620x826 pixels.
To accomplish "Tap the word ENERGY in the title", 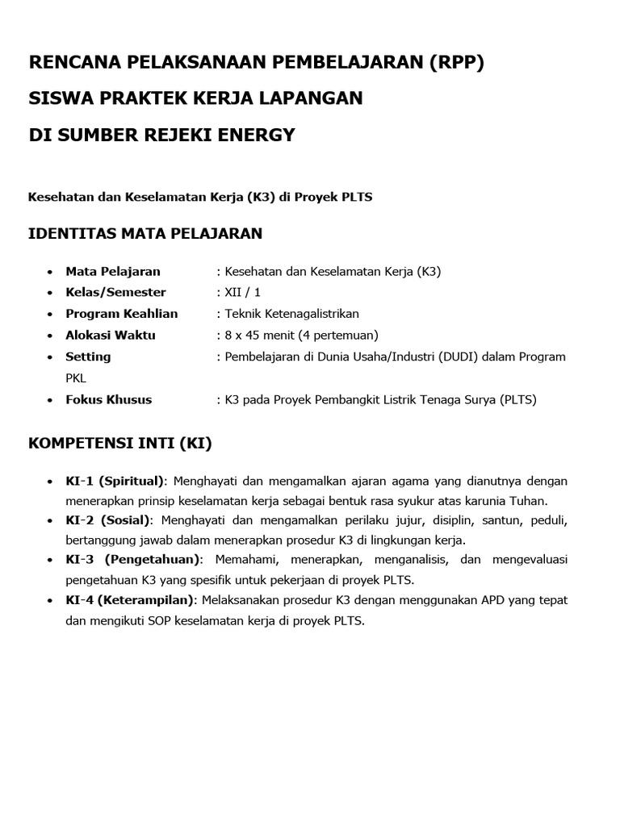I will click(x=256, y=135).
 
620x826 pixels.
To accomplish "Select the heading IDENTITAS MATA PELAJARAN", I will click(x=145, y=234).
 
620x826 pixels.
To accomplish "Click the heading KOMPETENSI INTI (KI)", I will click(x=120, y=443).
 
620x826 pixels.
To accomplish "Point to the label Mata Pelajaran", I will click(x=113, y=271).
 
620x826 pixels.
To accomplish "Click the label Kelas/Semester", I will click(x=115, y=292).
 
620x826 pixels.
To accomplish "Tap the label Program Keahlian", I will click(x=122, y=313).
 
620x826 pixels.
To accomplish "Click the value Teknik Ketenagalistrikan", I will click(x=291, y=313).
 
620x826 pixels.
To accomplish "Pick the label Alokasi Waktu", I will click(x=111, y=335).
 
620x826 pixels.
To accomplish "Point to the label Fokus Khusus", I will click(x=108, y=399).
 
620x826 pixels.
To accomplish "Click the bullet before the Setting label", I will click(x=51, y=357).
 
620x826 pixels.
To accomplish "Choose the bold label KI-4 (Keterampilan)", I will click(x=130, y=600).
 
